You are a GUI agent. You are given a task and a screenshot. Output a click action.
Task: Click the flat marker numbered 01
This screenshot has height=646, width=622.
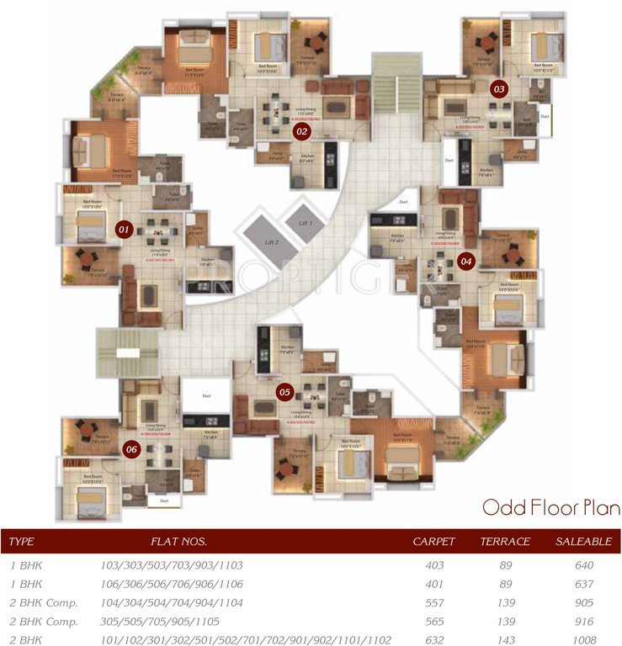124,228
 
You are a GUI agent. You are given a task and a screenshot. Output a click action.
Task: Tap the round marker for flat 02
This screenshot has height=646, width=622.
300,130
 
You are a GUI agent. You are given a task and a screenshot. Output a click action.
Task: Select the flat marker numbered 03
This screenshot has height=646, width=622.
499,87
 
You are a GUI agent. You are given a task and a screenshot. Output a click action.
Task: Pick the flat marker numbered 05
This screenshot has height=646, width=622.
284,391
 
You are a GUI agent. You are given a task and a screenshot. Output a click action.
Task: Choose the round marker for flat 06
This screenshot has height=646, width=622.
130,448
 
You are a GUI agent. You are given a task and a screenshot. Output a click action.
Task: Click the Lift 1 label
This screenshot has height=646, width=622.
305,223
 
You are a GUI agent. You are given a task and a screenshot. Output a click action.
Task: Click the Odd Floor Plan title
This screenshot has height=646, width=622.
550,508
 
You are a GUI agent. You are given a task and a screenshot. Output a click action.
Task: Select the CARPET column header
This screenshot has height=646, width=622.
433,541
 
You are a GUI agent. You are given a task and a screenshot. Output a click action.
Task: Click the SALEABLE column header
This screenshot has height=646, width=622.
582,541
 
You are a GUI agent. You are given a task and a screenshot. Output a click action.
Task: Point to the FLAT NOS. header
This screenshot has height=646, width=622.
178,541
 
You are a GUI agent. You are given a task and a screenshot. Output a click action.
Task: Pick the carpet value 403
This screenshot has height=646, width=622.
434,565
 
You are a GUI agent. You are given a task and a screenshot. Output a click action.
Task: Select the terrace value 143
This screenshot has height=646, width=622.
505,640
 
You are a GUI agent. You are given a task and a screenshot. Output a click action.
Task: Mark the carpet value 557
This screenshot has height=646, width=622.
434,602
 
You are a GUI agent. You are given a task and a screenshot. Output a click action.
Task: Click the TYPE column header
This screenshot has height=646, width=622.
21,541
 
